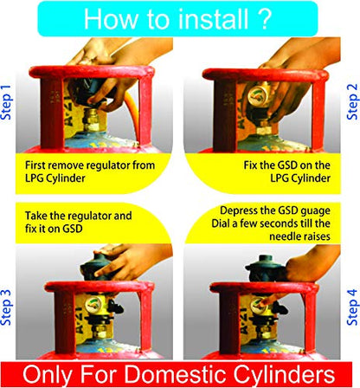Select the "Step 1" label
pyautogui.click(x=9, y=103)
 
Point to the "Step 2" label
pyautogui.click(x=350, y=103)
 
